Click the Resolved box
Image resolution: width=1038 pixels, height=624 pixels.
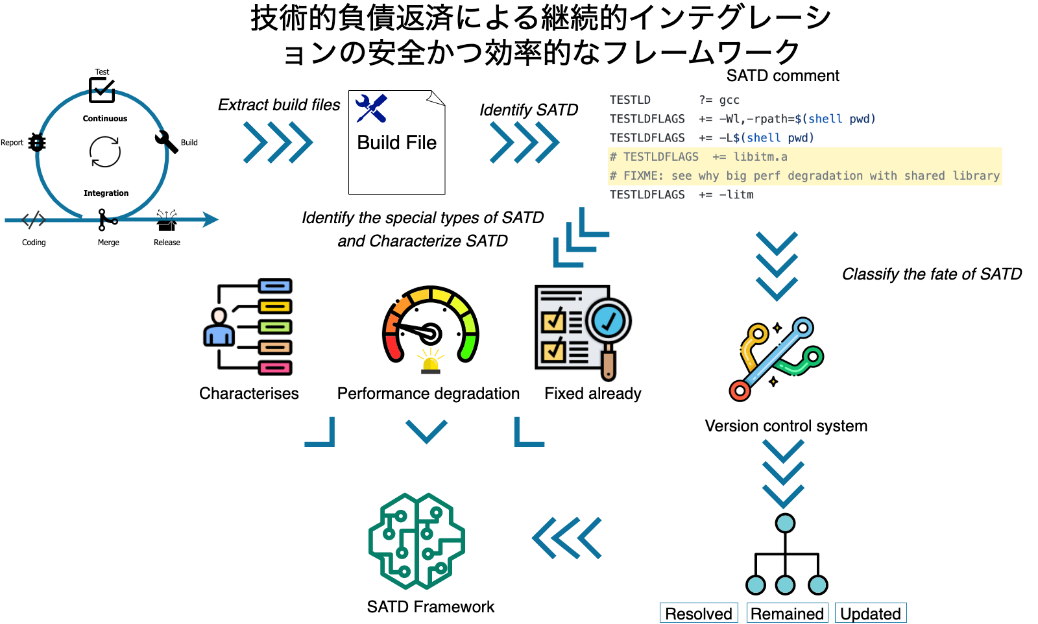pyautogui.click(x=699, y=613)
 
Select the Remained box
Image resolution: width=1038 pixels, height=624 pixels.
pyautogui.click(x=787, y=613)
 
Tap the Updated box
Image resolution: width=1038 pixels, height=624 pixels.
pyautogui.click(x=871, y=613)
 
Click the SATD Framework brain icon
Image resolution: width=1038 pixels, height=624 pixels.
pyautogui.click(x=416, y=541)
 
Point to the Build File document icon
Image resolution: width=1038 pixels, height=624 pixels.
pyautogui.click(x=396, y=142)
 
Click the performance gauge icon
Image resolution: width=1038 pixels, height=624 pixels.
pyautogui.click(x=431, y=330)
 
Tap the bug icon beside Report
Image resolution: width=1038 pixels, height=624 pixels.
pyautogui.click(x=37, y=142)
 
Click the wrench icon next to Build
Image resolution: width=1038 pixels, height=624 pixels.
pyautogui.click(x=166, y=141)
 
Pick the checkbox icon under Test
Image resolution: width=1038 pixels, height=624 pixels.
pyautogui.click(x=102, y=90)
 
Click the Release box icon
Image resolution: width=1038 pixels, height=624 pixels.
pyautogui.click(x=167, y=220)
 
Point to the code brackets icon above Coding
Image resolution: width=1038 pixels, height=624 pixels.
pyautogui.click(x=34, y=220)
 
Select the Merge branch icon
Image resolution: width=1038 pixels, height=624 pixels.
pyautogui.click(x=107, y=220)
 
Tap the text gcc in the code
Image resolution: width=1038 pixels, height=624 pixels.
pyautogui.click(x=729, y=101)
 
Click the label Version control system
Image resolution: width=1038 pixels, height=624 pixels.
pyautogui.click(x=786, y=426)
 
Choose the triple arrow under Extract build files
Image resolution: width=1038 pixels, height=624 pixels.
pyautogui.click(x=278, y=142)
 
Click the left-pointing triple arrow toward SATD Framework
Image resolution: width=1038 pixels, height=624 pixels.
pyautogui.click(x=567, y=538)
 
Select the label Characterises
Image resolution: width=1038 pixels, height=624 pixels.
pyautogui.click(x=249, y=393)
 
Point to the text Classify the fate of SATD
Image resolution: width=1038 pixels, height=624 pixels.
pyautogui.click(x=932, y=274)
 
